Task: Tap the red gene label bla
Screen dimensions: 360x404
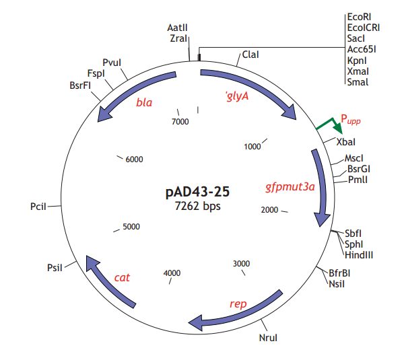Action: tap(144, 103)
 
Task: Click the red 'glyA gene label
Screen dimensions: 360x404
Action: tap(236, 96)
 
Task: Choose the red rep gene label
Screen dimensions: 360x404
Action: tap(238, 304)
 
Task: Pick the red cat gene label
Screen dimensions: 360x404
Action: tap(122, 277)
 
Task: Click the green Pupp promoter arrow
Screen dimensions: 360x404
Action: tap(329, 124)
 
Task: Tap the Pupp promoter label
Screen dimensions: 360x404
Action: tap(350, 120)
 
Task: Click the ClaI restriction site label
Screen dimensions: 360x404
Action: tap(250, 54)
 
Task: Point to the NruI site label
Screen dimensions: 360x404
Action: tap(268, 337)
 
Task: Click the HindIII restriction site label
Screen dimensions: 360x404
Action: tap(358, 254)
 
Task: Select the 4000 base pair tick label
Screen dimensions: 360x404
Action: tap(172, 273)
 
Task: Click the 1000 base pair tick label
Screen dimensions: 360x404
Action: tap(252, 146)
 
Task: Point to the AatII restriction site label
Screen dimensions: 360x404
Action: tap(177, 28)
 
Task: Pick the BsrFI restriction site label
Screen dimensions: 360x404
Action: tap(80, 85)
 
